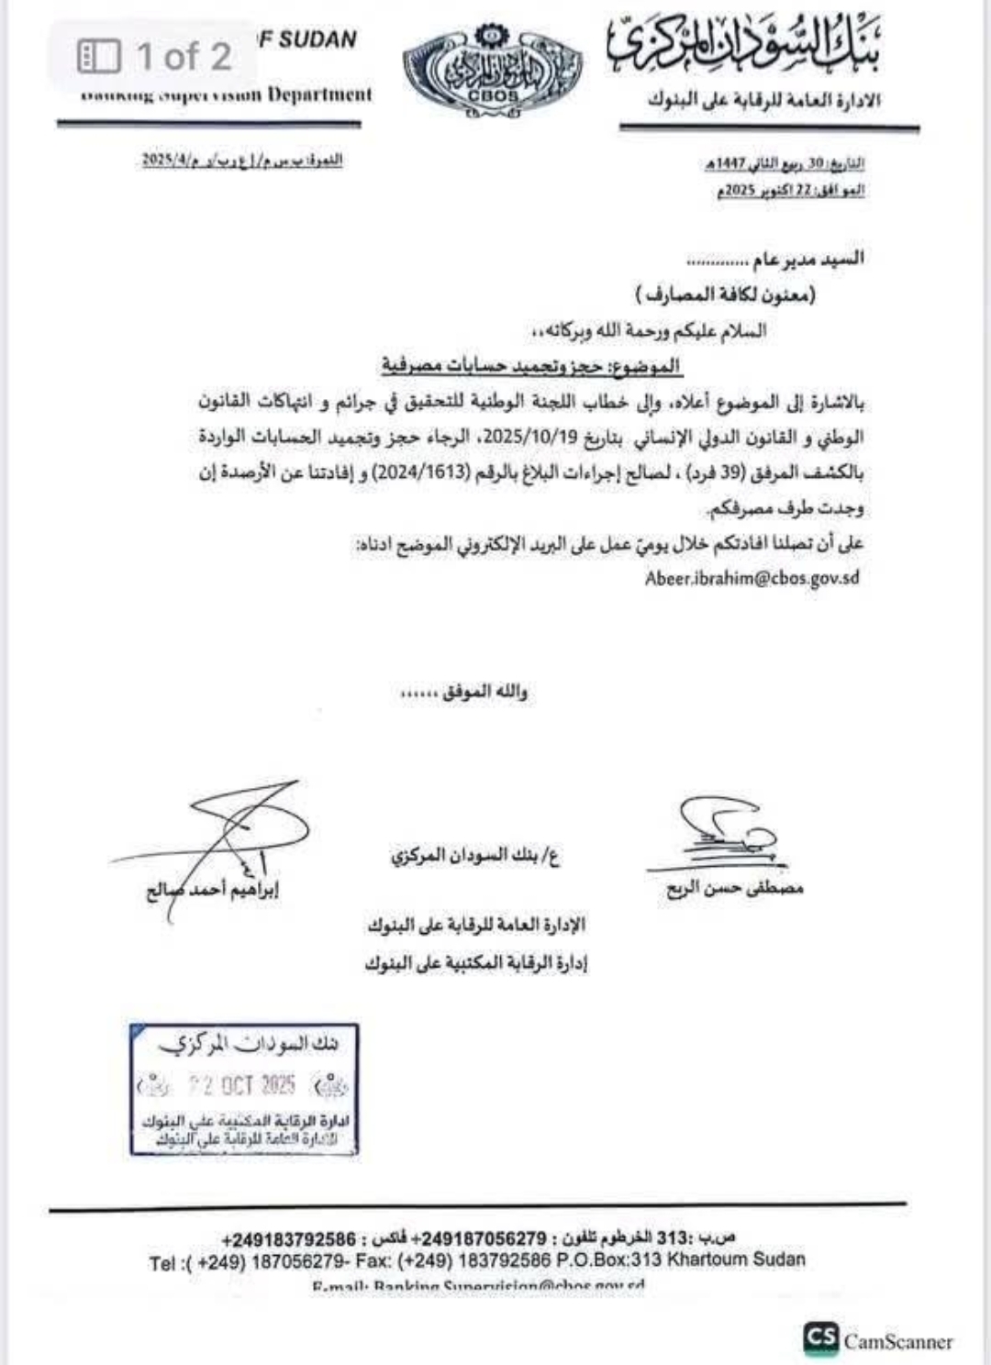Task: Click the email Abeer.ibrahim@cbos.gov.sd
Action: point(752,579)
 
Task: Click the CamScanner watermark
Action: point(879,1340)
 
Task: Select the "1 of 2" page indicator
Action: point(156,57)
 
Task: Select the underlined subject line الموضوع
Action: point(531,366)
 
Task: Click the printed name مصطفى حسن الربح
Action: point(735,888)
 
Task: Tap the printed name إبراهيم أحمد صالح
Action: point(213,890)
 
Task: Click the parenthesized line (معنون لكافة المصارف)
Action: point(725,294)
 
